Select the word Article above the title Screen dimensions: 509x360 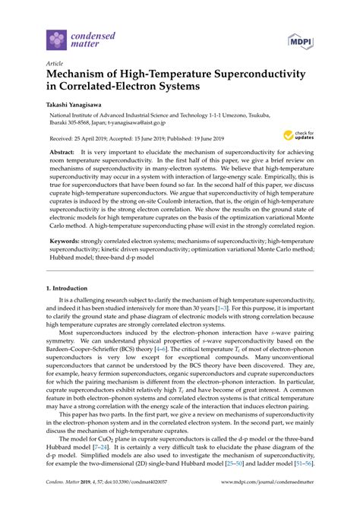55,65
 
